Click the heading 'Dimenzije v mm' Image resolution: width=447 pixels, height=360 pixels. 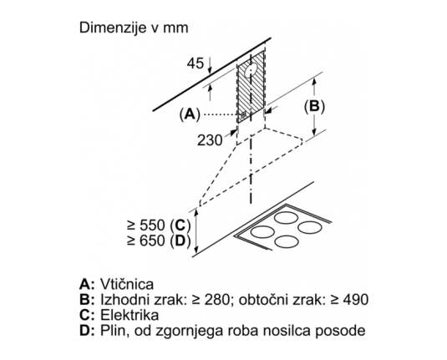tap(134, 28)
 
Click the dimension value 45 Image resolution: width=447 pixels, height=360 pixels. tap(196, 63)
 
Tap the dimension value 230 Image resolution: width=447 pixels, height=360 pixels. tap(210, 140)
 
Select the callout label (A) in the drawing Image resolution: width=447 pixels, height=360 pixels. tap(190, 114)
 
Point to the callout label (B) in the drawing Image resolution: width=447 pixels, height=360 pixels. tap(314, 106)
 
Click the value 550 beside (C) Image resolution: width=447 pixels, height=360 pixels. tap(153, 226)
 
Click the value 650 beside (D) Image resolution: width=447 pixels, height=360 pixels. tap(153, 241)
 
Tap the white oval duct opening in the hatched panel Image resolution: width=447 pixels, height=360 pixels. tap(251, 70)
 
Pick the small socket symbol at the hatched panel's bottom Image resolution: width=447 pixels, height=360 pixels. tap(243, 115)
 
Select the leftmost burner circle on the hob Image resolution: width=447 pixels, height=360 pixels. tap(262, 231)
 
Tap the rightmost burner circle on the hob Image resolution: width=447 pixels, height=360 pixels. tap(310, 227)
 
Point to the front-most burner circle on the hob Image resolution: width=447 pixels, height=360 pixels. tap(287, 241)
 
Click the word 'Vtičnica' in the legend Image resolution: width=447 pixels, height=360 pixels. tap(127, 284)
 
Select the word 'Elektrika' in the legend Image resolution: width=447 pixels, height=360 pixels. tap(130, 315)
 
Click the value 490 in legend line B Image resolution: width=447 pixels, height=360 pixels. tap(356, 300)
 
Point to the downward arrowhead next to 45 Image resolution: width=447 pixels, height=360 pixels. tap(210, 69)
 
